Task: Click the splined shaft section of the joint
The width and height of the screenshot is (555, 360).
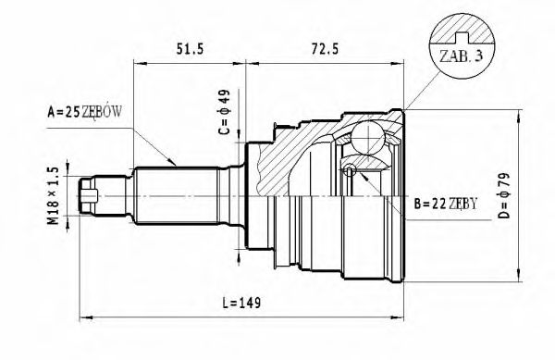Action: point(176,197)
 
